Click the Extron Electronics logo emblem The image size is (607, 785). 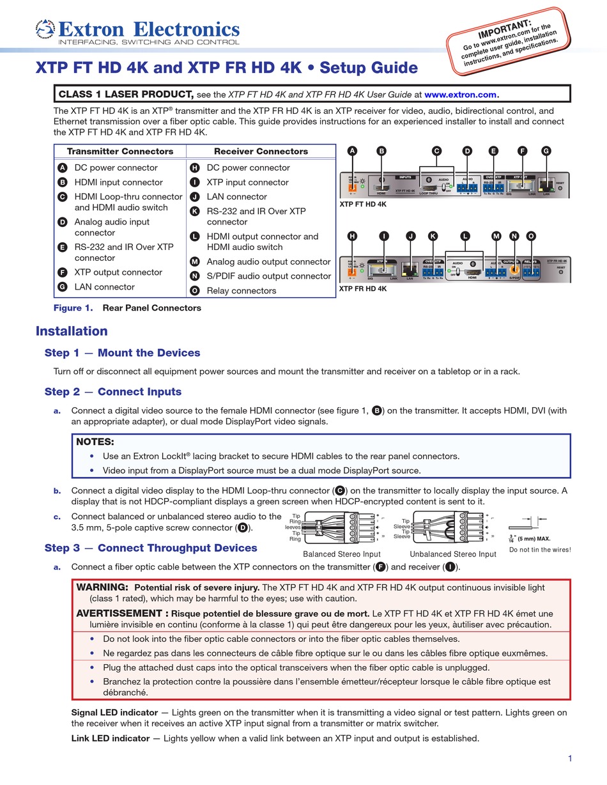(x=45, y=29)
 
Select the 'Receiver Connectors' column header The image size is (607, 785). (x=261, y=152)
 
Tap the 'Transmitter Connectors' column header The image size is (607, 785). (x=120, y=152)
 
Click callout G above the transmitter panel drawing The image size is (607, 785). (x=546, y=151)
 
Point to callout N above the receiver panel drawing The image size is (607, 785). (x=514, y=236)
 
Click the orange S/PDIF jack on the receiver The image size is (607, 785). (x=514, y=270)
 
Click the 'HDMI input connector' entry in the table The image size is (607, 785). (x=118, y=182)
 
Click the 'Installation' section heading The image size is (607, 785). (x=72, y=331)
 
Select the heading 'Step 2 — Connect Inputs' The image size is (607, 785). (x=113, y=392)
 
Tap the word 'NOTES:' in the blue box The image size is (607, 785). (x=95, y=442)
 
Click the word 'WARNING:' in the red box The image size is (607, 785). (x=102, y=587)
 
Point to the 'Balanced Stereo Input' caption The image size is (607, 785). (x=341, y=554)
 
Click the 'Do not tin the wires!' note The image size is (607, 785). (x=540, y=550)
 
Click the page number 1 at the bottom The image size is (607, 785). (x=569, y=759)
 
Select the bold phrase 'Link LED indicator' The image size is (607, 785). (x=110, y=738)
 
